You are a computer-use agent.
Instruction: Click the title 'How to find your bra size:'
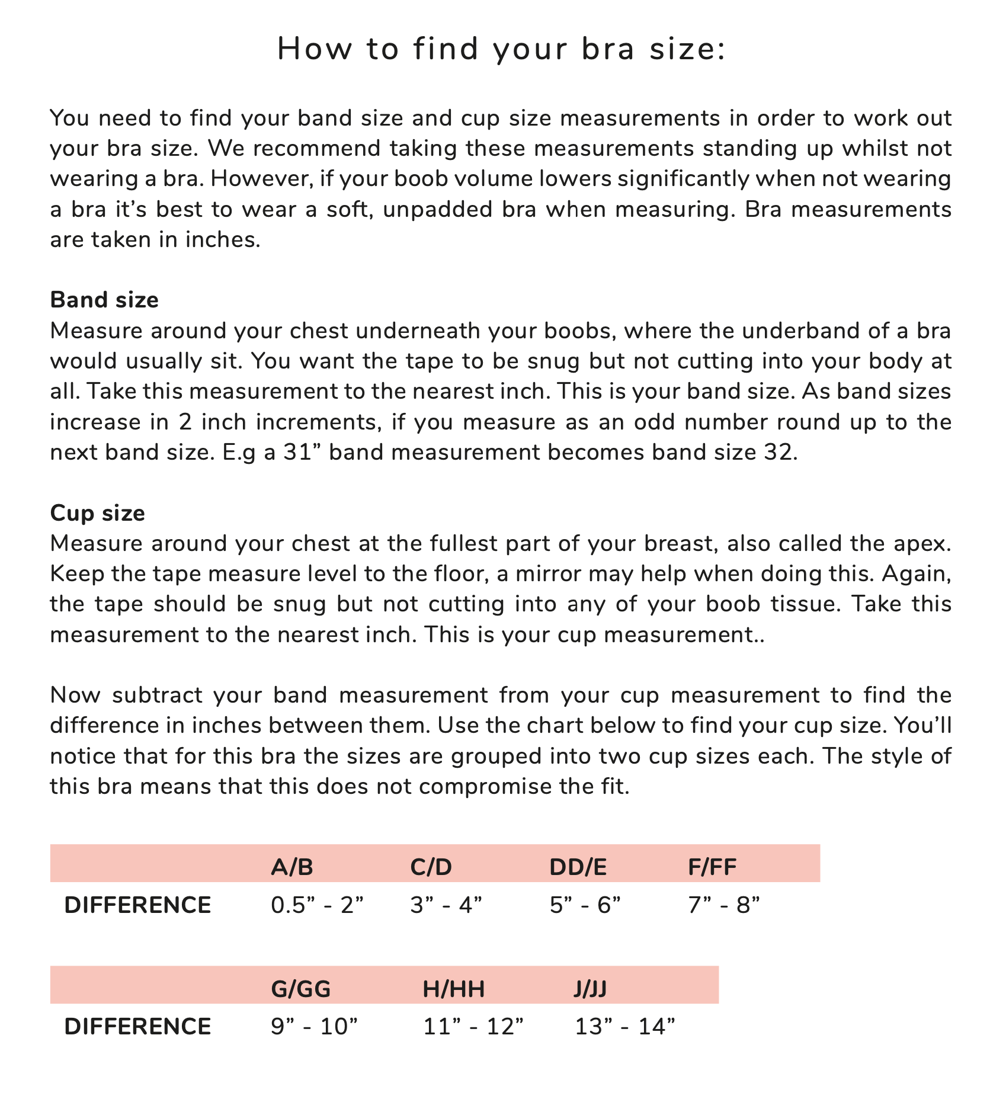501,49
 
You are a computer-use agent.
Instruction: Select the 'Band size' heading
104,300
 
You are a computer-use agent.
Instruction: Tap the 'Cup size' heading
98,512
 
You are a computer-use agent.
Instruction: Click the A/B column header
291,867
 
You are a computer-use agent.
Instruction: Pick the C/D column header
431,867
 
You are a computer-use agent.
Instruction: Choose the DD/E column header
578,867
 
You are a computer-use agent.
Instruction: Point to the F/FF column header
712,867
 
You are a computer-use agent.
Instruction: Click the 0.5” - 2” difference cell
317,905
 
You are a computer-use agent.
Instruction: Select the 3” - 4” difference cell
446,905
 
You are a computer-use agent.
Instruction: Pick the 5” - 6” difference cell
585,905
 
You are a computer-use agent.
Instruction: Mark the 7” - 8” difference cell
724,905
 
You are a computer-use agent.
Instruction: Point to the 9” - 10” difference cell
315,1027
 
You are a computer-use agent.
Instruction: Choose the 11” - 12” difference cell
473,1027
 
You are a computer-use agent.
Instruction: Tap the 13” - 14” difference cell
625,1027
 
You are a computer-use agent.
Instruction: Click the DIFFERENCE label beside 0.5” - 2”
137,905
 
